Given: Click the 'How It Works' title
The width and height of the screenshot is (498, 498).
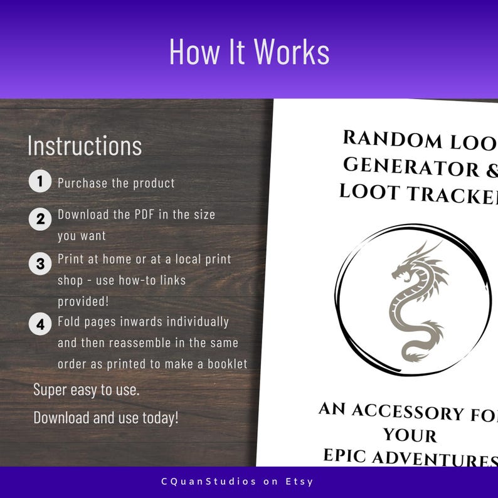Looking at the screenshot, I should (249, 52).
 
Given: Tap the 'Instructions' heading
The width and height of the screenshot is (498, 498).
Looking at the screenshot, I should (85, 146).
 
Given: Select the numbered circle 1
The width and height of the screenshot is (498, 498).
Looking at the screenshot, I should (40, 183).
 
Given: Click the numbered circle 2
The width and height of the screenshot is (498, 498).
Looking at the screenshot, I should (40, 219).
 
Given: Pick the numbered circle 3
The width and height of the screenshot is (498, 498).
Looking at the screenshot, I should (40, 263).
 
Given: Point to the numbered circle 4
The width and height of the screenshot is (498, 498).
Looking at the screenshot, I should (40, 324).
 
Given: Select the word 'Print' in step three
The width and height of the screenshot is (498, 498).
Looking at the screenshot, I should (70, 259).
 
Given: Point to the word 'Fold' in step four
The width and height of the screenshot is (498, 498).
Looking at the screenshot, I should (68, 322).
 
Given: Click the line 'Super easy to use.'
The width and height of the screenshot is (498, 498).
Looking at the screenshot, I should (87, 389).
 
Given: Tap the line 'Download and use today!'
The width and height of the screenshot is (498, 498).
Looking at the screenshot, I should (106, 417).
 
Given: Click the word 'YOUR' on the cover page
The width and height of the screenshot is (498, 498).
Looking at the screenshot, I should (410, 434).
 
